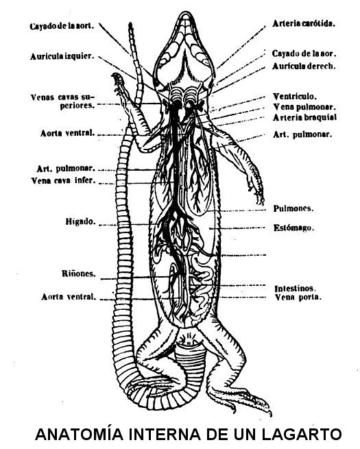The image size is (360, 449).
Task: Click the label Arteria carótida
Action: click(304, 23)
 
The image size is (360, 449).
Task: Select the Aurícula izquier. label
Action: click(62, 56)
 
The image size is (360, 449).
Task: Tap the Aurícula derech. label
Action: click(304, 66)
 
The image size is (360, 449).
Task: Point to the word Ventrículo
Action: click(295, 96)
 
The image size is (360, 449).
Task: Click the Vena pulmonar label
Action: click(304, 107)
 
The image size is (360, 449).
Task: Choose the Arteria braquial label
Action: click(304, 117)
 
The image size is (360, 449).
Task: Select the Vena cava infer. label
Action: click(63, 180)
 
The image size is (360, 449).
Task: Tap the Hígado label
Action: click(80, 221)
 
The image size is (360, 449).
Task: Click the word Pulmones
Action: click(293, 208)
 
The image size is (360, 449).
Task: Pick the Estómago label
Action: click(294, 228)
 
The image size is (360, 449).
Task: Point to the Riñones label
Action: click(79, 274)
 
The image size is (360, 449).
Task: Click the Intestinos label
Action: click(295, 288)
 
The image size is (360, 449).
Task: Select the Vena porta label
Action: click(298, 297)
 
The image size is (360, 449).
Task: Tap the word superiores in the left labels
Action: click(77, 106)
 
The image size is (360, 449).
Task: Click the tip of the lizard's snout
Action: click(186, 12)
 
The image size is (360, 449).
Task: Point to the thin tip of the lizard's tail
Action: click(130, 23)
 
